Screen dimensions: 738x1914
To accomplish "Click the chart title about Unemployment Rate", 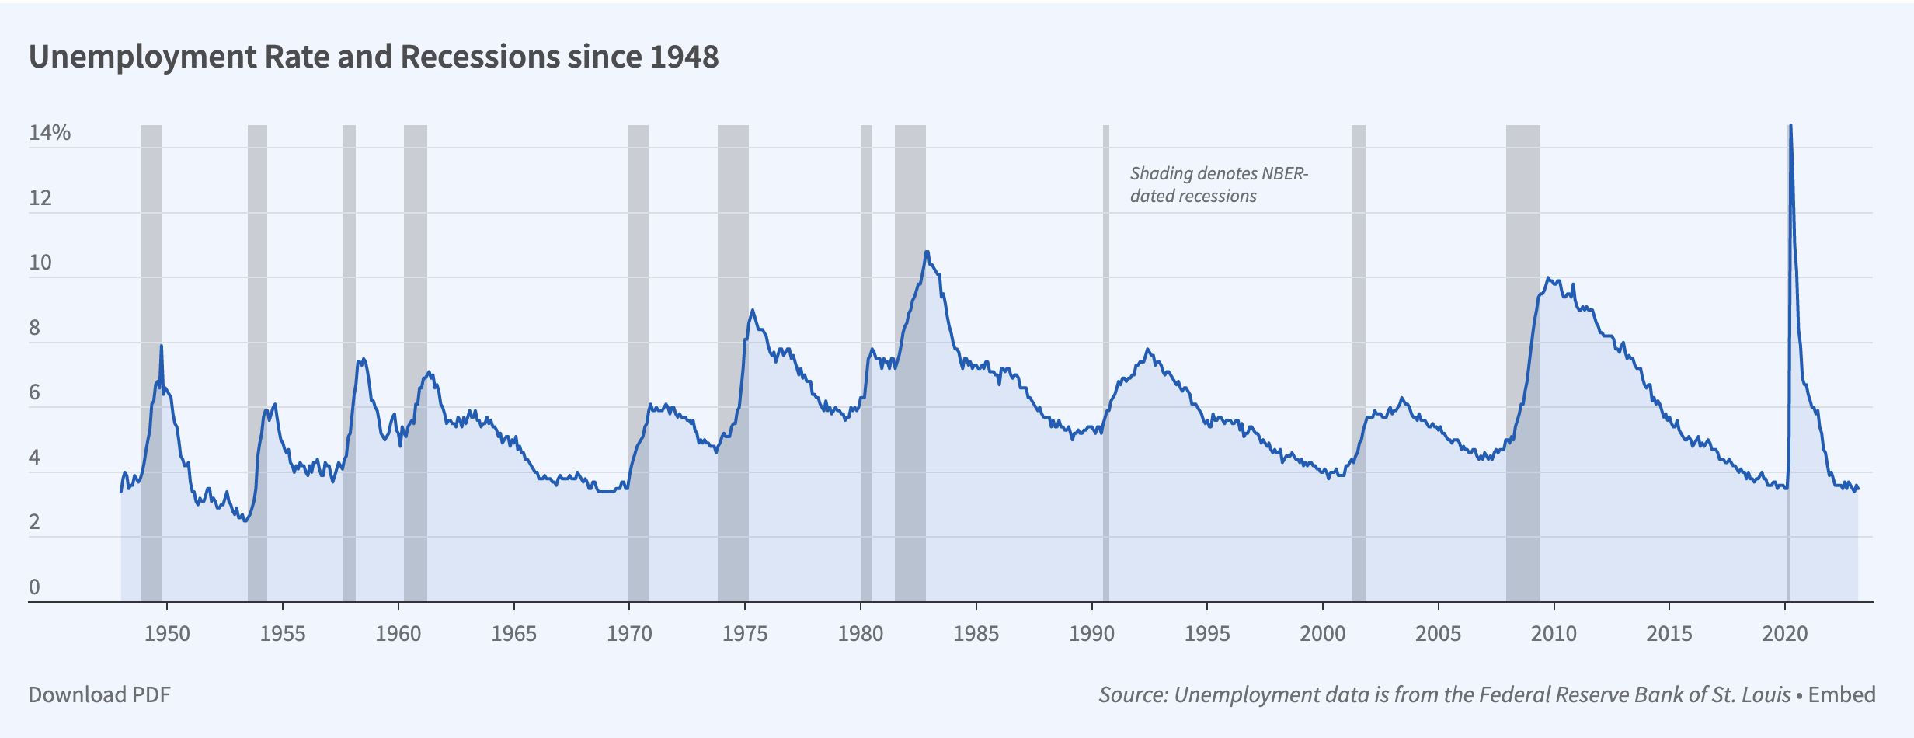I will (374, 57).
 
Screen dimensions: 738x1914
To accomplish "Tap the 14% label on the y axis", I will (49, 133).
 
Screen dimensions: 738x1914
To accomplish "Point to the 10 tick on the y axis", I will (40, 263).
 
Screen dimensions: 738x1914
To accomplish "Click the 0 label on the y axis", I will (34, 587).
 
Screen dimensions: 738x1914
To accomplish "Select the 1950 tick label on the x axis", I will (167, 634).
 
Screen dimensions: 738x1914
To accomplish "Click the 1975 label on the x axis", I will (745, 634).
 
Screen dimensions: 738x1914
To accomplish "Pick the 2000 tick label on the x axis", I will (1323, 634).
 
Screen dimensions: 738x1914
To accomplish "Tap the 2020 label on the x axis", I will (1785, 634).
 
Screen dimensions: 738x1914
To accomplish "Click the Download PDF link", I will (99, 694).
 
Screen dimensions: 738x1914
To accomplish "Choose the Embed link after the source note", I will (1842, 694).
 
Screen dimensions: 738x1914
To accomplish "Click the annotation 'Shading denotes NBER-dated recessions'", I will (1218, 185).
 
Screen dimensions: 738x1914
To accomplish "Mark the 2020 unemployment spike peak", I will (1790, 126).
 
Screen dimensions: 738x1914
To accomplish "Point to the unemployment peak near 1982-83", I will (927, 252).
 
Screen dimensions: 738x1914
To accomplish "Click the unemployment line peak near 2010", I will (1548, 277).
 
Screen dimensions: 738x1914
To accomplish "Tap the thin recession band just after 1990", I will (1106, 311).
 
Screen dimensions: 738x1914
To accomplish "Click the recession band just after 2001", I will (1359, 311).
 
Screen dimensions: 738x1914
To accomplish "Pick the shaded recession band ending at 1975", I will (733, 233).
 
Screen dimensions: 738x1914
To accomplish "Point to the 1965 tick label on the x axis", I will (513, 634).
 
